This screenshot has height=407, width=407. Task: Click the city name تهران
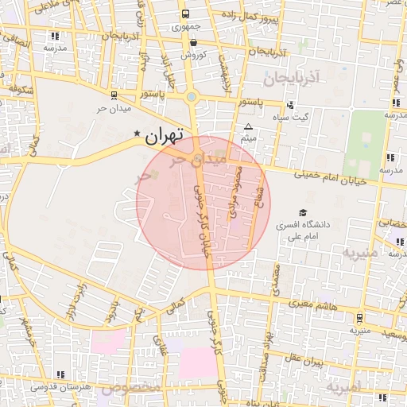[165, 135]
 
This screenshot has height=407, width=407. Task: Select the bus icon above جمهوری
[185, 14]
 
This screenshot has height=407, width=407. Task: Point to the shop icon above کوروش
[193, 42]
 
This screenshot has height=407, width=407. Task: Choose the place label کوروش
[193, 55]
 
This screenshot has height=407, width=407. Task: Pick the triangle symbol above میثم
[248, 127]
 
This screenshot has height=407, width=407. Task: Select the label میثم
[248, 140]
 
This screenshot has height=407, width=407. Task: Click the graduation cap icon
[301, 212]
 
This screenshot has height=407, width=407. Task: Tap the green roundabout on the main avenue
[192, 97]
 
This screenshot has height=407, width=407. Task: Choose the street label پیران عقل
[325, 362]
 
